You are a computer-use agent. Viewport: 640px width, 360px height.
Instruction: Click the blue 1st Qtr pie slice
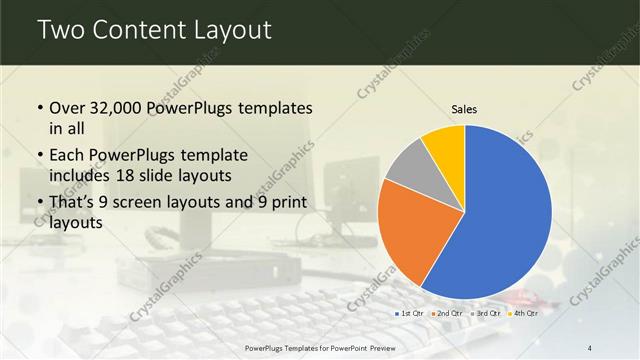click(x=505, y=220)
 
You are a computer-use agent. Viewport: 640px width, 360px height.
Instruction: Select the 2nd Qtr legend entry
click(x=446, y=314)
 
